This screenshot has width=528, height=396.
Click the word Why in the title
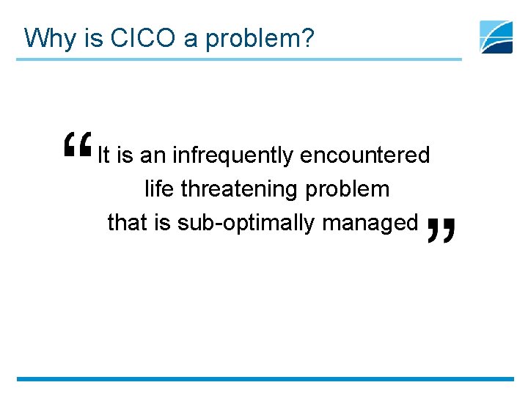[48, 37]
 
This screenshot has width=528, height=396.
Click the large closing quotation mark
[440, 230]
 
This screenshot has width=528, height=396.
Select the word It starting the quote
[103, 155]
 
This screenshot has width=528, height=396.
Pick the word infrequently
[233, 155]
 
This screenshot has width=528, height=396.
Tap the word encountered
[364, 155]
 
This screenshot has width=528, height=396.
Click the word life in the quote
[158, 189]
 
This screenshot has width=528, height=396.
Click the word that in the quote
[128, 222]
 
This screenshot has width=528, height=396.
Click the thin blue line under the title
[239, 59]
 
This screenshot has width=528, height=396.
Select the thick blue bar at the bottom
[264, 379]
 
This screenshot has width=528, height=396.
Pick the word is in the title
[93, 37]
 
